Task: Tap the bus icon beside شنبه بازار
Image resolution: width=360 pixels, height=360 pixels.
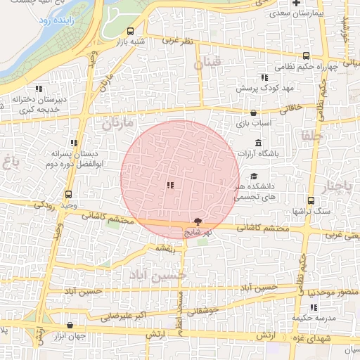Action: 131,32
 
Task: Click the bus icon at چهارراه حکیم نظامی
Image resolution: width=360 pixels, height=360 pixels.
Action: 306,56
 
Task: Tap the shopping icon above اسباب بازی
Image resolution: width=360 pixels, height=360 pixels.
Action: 253,112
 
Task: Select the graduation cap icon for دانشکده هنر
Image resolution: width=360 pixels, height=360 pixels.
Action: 254,176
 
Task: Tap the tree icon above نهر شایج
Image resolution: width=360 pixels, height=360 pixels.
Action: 206,221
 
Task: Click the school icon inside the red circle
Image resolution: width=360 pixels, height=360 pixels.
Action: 169,186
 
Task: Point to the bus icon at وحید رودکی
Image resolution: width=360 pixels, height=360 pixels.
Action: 68,194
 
